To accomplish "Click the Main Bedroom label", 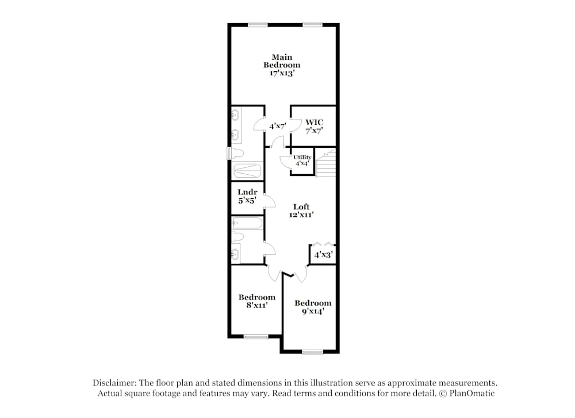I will pos(282,61).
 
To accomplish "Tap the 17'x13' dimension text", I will pos(282,74).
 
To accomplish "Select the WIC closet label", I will pos(314,122).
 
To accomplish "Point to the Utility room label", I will pos(302,158).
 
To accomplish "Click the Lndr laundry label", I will pos(247,193).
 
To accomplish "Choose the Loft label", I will pos(301,207).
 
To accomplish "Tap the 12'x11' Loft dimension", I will pos(301,215).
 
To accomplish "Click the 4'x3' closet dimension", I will pos(323,254).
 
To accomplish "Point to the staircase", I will pos(326,164).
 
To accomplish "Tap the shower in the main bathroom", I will pos(247,171).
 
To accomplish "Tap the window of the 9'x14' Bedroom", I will pos(312,351).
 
